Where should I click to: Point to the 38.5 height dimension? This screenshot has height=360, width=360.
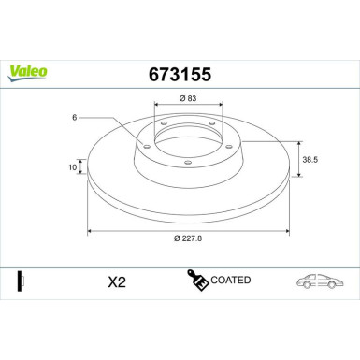tap(309, 160)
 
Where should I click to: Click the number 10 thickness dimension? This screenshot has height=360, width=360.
tap(72, 167)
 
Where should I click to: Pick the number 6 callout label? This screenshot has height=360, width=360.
tap(70, 117)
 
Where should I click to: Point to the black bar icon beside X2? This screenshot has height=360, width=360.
tap(20, 281)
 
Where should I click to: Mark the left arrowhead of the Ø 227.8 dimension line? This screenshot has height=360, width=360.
tap(91, 231)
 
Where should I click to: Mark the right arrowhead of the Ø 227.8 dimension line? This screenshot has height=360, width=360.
tap(287, 231)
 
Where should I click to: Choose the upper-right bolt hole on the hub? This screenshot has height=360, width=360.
tap(212, 125)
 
